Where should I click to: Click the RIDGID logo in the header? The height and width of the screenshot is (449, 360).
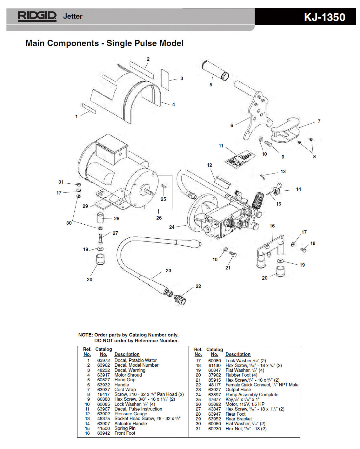click(37, 16)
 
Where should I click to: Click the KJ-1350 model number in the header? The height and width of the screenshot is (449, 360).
click(324, 17)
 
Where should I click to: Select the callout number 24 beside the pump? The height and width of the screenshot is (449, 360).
click(172, 227)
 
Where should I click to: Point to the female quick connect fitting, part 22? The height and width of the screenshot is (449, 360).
click(180, 299)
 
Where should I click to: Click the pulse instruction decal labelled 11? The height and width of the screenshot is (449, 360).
click(240, 158)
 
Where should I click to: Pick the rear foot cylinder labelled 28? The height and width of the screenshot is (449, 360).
click(101, 218)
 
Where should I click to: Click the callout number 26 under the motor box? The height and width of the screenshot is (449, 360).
click(159, 218)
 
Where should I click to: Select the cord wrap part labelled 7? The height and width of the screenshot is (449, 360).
click(286, 128)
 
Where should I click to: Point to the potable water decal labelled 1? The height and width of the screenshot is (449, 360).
click(89, 108)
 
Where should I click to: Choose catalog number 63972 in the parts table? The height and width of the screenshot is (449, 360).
click(103, 360)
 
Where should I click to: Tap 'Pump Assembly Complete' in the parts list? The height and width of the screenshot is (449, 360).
click(252, 395)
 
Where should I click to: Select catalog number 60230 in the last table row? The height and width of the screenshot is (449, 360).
click(215, 429)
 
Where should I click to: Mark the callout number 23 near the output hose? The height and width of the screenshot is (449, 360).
click(168, 271)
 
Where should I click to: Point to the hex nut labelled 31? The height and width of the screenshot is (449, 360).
click(79, 184)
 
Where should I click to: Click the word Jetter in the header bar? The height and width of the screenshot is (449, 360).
click(73, 16)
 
